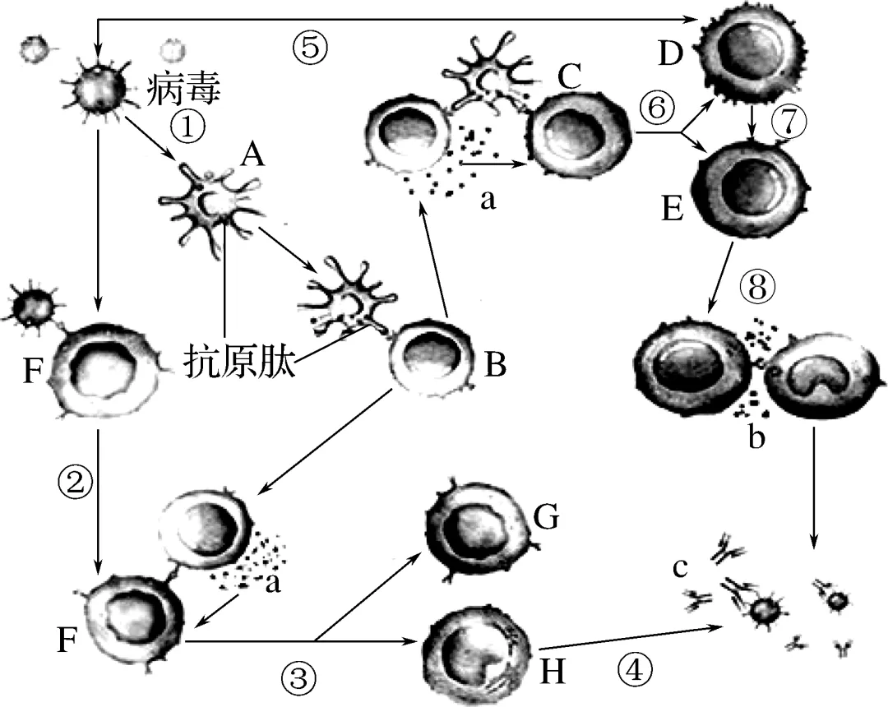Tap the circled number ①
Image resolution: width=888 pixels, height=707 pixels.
(187, 126)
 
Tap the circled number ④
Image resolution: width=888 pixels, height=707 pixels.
(634, 671)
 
